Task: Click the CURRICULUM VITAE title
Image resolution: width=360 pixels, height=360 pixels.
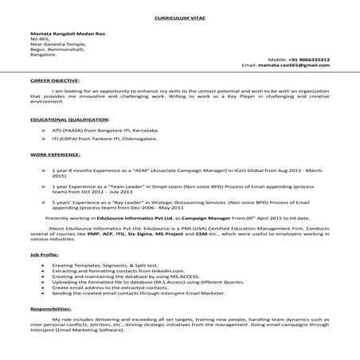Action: (179, 15)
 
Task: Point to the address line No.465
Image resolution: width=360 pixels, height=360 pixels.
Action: (39, 38)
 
